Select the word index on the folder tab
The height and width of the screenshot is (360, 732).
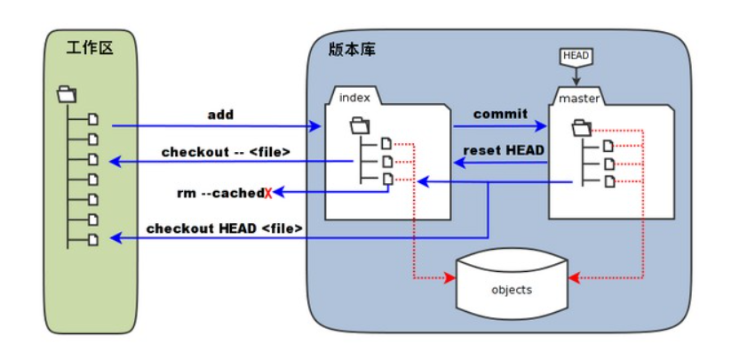point(354,96)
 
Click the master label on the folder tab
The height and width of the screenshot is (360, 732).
point(578,97)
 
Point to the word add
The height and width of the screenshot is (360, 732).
point(220,115)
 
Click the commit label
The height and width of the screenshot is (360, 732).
point(500,114)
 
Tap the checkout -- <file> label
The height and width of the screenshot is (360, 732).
point(226,152)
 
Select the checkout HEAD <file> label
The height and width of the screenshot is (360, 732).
point(225,228)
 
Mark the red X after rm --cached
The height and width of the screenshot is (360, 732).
point(268,192)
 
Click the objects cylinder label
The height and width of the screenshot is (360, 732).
point(512,290)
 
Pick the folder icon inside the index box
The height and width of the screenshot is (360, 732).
point(357,124)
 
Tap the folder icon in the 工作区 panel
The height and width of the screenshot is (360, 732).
point(67,92)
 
